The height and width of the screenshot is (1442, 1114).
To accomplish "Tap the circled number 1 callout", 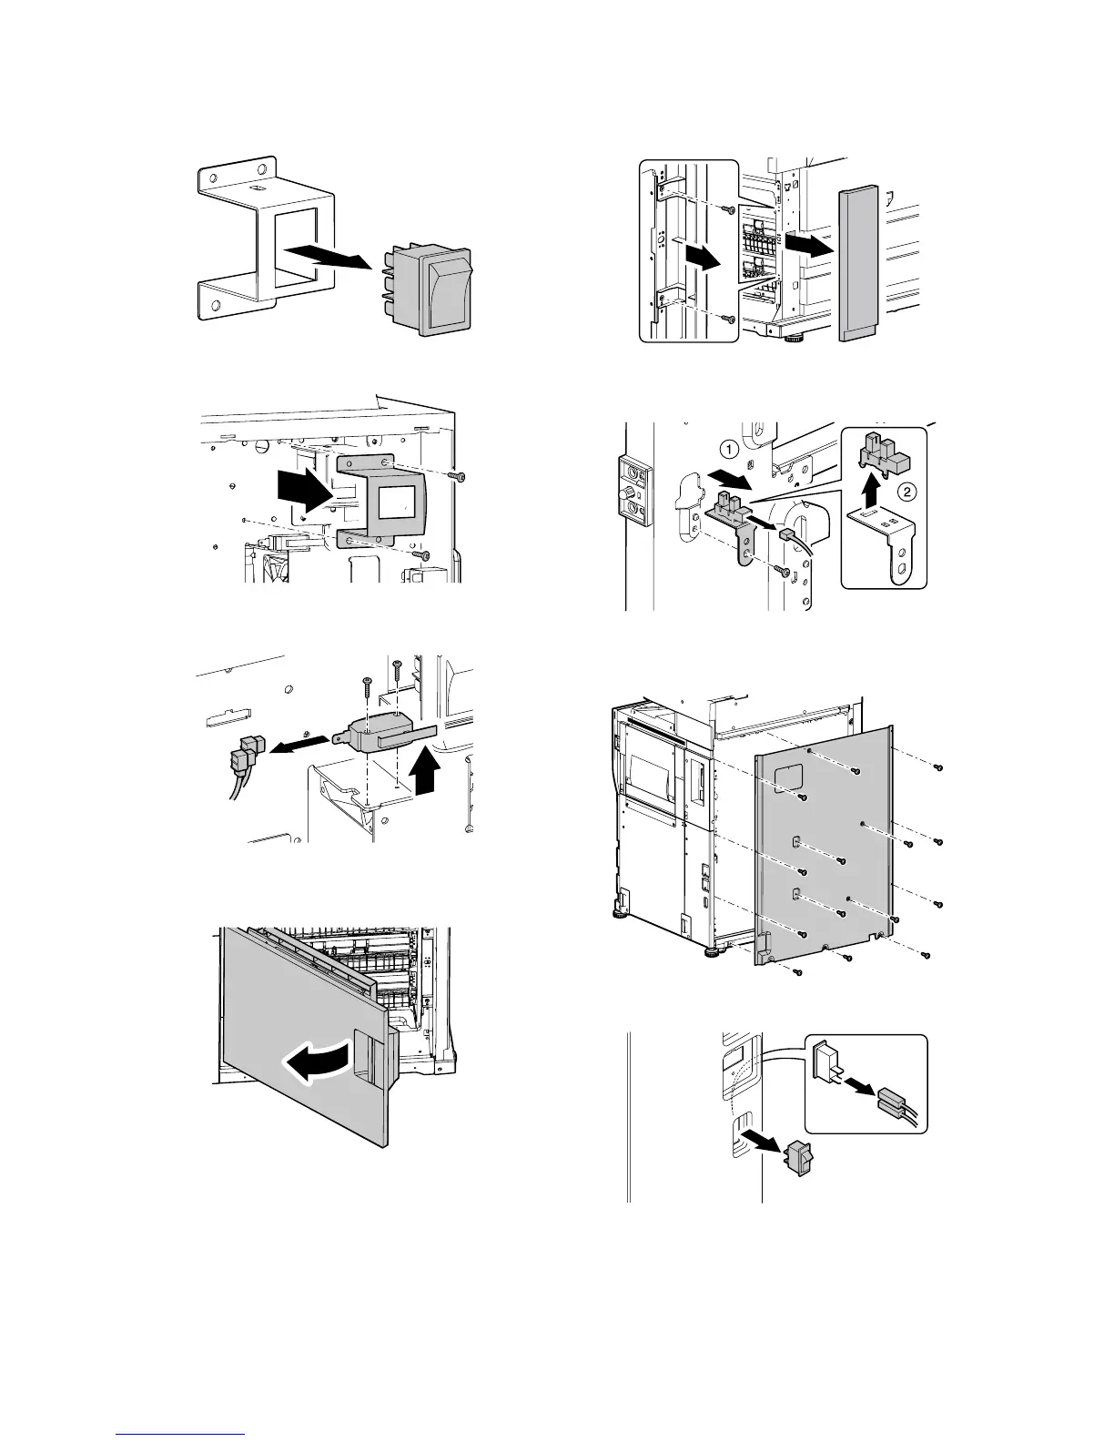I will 726,449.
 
